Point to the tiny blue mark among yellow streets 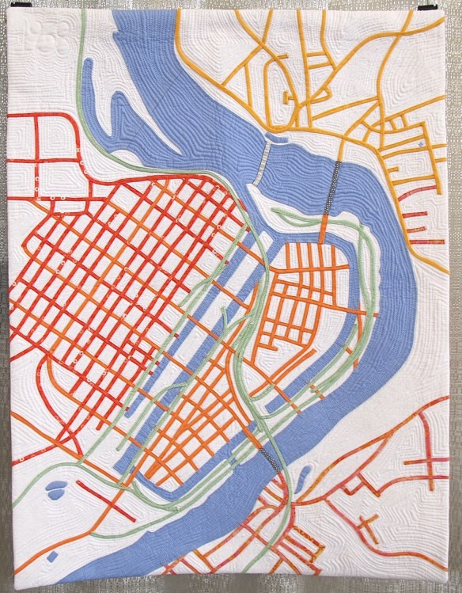click(420, 145)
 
